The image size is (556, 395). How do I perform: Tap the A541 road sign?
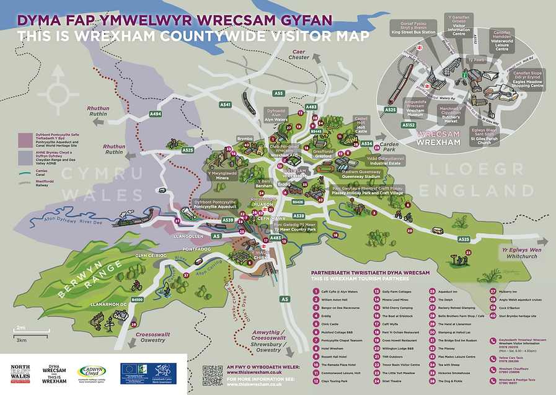[x=225, y=105]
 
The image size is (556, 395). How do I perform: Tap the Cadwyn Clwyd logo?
[x=94, y=373]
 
